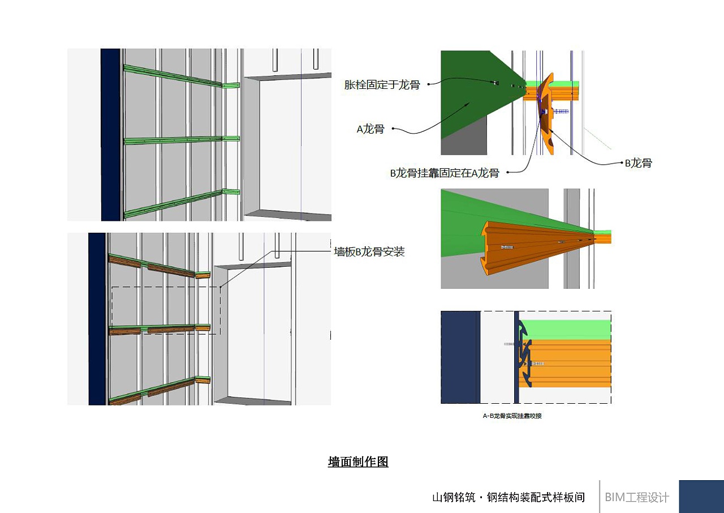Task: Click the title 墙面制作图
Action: pos(358,461)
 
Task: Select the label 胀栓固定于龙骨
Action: pos(382,85)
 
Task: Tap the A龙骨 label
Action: pos(370,129)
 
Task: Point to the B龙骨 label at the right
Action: pos(639,163)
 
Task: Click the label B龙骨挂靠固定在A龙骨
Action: pos(445,173)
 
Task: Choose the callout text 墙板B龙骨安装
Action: pos(369,251)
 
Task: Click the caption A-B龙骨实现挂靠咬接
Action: pos(512,416)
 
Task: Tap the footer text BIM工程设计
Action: pos(637,497)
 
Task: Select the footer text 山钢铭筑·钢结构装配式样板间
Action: pos(508,497)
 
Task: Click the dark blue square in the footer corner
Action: pos(701,497)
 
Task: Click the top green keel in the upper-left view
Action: pos(181,77)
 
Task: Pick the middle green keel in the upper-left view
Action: pos(182,140)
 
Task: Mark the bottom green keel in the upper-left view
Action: pos(182,203)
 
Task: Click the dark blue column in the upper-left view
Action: pos(110,135)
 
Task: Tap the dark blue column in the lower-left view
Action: pos(97,319)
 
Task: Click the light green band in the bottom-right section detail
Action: pos(565,330)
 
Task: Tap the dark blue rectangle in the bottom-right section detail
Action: pos(460,357)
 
